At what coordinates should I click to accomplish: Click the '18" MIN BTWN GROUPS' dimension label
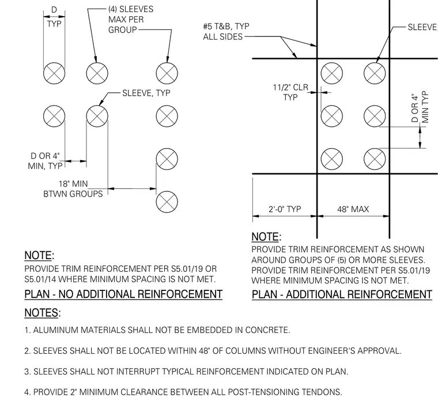[x=73, y=189]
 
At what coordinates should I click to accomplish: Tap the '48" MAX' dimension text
[x=353, y=209]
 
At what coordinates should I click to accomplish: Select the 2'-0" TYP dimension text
[x=285, y=209]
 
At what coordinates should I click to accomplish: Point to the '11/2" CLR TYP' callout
[x=290, y=92]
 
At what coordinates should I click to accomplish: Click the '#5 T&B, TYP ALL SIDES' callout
[x=226, y=31]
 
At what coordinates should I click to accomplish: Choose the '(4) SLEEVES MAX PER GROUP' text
[x=131, y=20]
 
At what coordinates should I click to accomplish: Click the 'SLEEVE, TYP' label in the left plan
[x=146, y=93]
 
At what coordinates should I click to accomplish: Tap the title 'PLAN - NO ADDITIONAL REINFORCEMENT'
[x=123, y=294]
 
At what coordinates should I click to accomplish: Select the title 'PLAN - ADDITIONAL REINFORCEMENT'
[x=342, y=294]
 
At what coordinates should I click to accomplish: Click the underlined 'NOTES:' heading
[x=43, y=313]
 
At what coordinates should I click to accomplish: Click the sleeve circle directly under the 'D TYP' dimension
[x=54, y=73]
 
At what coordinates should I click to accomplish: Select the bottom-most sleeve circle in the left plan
[x=167, y=202]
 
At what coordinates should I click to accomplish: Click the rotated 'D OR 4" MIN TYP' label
[x=420, y=107]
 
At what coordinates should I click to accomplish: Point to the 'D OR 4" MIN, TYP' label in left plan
[x=46, y=161]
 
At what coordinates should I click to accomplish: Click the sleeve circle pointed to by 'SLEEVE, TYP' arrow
[x=97, y=116]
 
